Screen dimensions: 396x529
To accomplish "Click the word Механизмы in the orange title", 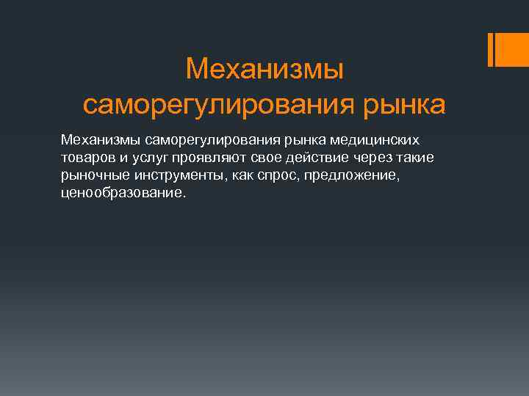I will click(264, 70).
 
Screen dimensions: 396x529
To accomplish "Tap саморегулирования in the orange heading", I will click(217, 105).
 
